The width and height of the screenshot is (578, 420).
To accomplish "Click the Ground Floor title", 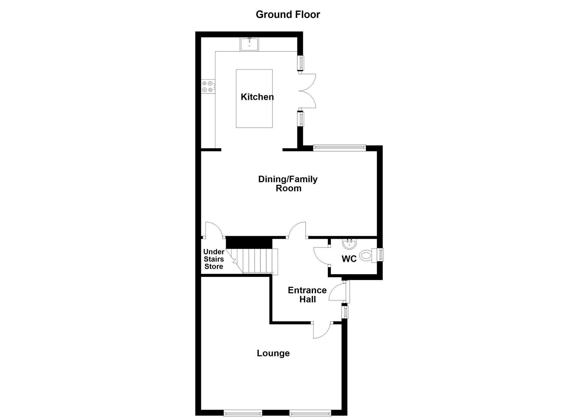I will [288, 14].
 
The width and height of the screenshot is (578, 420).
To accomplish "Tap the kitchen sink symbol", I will [249, 44].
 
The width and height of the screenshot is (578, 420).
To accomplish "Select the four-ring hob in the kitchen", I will [208, 86].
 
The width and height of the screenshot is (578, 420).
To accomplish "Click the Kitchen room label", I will [257, 97].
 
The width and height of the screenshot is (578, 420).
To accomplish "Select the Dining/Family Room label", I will [288, 184].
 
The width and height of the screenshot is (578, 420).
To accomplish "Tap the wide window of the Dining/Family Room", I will [339, 148].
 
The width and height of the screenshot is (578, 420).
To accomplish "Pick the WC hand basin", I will [350, 244].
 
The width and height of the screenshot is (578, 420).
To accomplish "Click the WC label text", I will [349, 259].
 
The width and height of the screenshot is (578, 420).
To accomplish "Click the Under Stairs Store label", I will [214, 259].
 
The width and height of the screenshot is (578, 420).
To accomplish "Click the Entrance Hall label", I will [307, 294].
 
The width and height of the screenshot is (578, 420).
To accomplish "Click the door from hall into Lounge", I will [321, 331].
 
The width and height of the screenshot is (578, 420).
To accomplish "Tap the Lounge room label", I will [273, 353].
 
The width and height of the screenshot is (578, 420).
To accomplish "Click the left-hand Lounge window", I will [243, 414].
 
